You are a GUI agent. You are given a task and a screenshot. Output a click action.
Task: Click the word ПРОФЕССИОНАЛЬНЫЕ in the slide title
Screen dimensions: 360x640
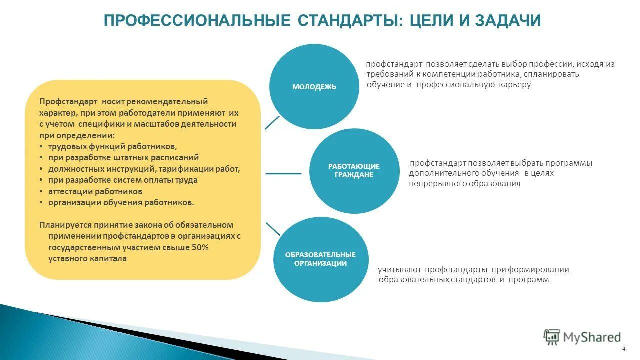point(197,21)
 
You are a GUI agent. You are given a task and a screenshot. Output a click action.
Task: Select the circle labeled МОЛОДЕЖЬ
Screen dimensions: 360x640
point(314,87)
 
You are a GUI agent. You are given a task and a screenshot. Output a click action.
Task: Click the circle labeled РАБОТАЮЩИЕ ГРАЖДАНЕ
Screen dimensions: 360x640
point(354,171)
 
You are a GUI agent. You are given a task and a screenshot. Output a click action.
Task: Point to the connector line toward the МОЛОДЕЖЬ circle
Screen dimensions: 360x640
point(272,122)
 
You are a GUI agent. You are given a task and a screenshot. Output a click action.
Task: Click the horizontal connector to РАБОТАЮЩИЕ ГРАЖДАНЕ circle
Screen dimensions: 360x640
point(283,173)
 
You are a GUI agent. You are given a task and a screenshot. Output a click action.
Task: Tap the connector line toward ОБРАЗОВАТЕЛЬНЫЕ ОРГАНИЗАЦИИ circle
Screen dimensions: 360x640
point(273,229)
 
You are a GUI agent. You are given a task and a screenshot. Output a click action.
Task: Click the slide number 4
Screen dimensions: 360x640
point(623,349)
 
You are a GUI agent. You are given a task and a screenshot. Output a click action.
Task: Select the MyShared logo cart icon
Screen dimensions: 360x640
point(551,337)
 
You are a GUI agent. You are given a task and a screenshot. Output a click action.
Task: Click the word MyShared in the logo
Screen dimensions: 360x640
point(592,337)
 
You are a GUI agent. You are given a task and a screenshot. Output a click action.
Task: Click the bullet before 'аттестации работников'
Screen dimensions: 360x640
point(41,192)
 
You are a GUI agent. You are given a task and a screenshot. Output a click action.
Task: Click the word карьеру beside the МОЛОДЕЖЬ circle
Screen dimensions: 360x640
point(514,85)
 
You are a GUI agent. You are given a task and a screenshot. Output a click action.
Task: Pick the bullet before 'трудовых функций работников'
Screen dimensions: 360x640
point(41,147)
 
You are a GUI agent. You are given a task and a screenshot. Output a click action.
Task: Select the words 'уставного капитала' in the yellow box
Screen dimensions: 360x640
point(87,259)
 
